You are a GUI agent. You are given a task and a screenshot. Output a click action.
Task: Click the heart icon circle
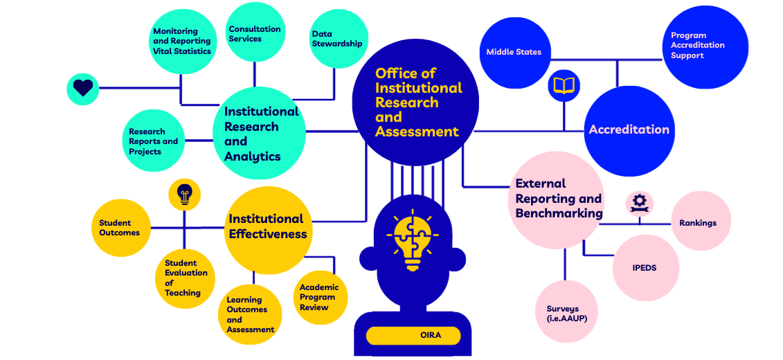[x=83, y=88]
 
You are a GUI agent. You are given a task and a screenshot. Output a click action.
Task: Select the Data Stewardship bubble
[x=336, y=39]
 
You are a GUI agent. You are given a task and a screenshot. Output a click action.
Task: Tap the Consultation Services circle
[x=255, y=33]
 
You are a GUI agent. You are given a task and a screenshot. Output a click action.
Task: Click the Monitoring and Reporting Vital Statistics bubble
[x=182, y=42]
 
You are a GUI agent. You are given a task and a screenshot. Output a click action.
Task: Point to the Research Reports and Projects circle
[x=154, y=141]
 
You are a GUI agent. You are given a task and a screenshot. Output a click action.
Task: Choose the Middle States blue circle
[x=514, y=52]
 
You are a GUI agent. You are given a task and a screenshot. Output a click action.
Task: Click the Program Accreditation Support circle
[x=697, y=46]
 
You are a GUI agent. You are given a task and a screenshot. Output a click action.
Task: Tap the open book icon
[x=564, y=86]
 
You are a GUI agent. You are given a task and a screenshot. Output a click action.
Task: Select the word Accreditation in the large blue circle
[x=629, y=129]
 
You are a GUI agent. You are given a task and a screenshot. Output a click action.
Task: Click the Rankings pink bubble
[x=698, y=222]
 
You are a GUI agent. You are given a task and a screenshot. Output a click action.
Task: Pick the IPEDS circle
[x=645, y=267]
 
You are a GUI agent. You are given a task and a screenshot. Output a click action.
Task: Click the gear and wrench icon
[x=639, y=203]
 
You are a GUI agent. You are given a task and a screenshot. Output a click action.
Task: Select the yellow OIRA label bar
[x=413, y=336]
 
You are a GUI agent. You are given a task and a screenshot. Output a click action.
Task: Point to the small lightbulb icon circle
[x=184, y=195]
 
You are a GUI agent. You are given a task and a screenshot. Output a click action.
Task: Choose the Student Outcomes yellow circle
[x=120, y=228]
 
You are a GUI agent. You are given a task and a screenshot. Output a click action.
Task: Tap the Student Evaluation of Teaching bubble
[x=185, y=278]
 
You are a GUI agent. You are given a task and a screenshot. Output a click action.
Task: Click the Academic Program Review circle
[x=319, y=297]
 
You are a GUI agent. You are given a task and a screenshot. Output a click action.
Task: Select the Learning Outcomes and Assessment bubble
[x=253, y=314]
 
